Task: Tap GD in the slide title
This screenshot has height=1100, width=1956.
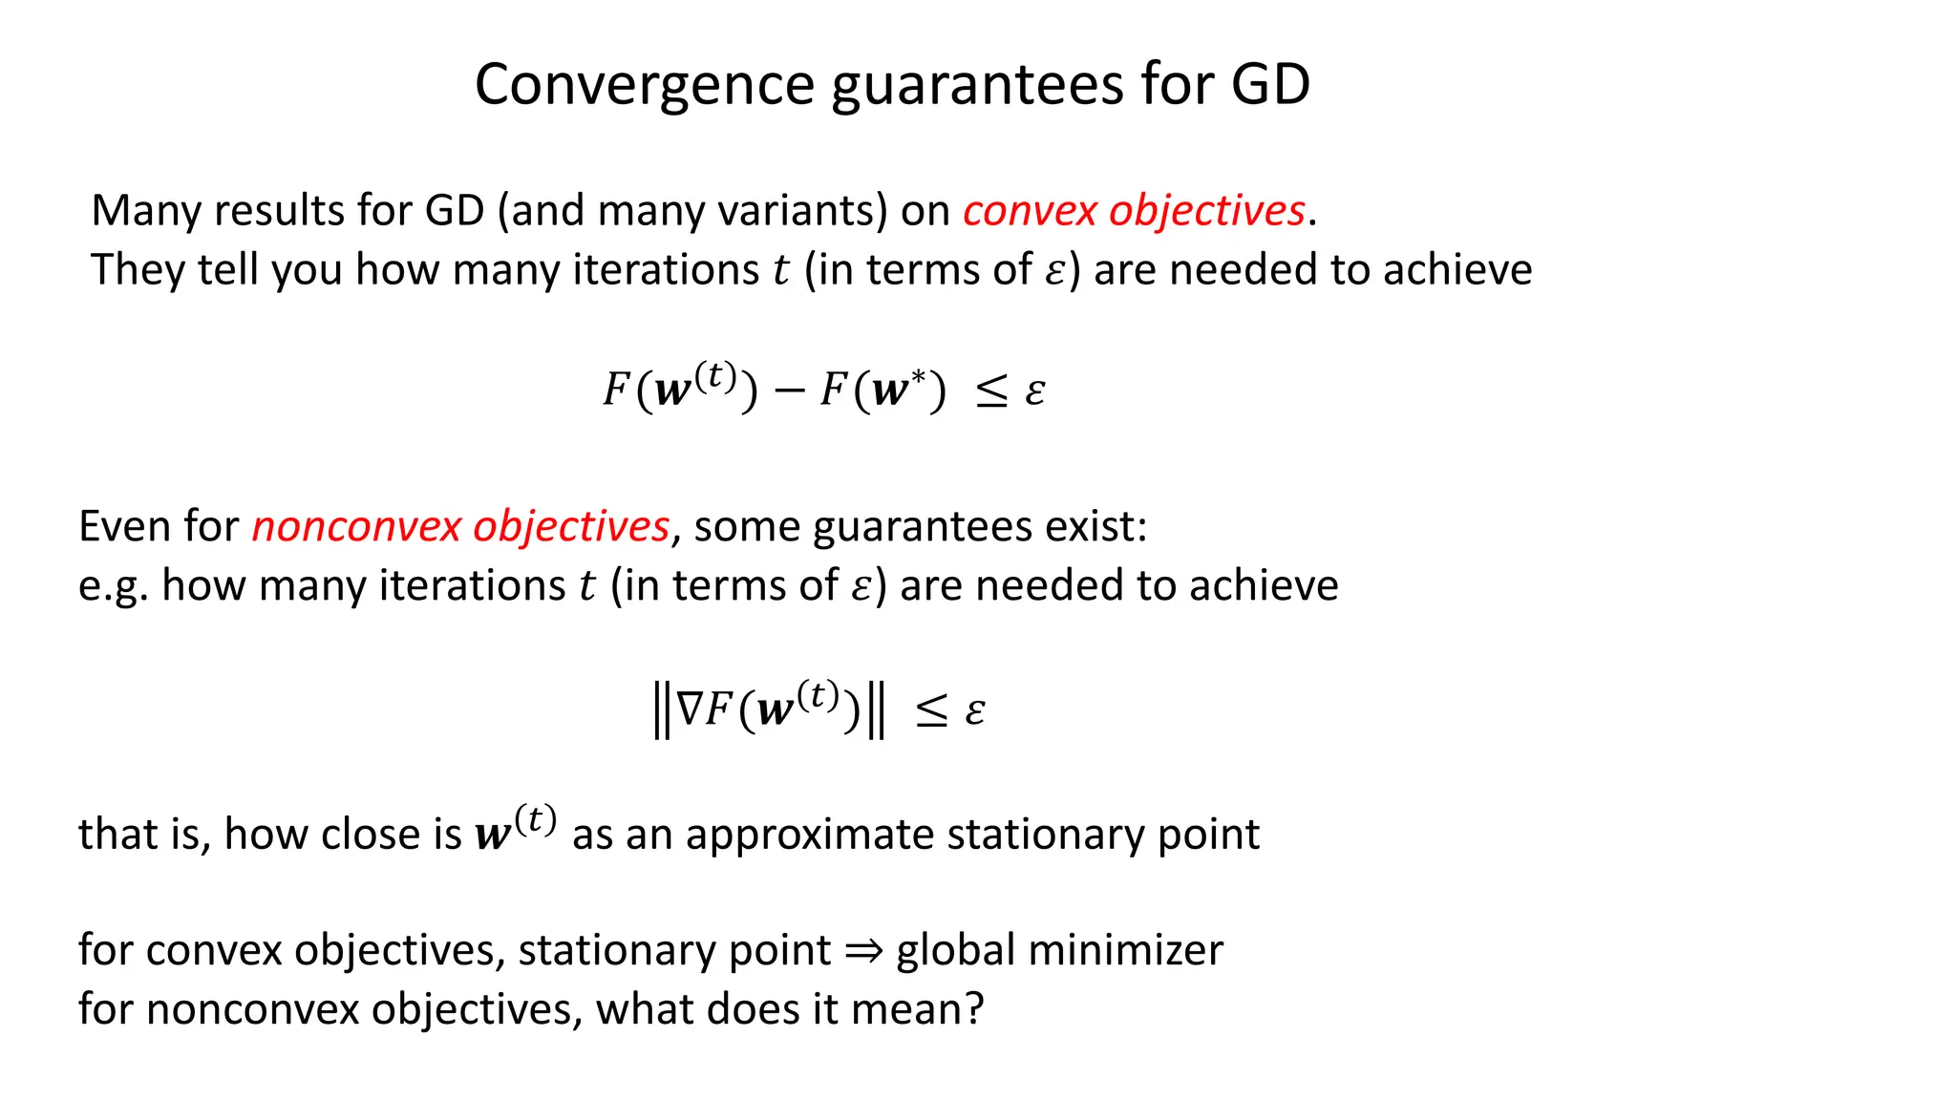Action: (1269, 84)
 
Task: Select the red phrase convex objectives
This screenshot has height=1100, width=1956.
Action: (1134, 211)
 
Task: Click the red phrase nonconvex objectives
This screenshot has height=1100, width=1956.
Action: (460, 527)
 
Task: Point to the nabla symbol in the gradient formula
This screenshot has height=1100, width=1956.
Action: (689, 709)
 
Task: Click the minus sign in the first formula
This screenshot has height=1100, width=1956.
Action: (789, 391)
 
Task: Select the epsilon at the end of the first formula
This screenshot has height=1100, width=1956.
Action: (1035, 391)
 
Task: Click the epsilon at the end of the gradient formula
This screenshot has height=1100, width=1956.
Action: (974, 711)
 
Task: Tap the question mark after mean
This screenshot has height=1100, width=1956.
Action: (974, 1009)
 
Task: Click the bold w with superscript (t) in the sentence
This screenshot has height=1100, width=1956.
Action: (514, 829)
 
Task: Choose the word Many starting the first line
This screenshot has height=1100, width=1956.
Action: (145, 211)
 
